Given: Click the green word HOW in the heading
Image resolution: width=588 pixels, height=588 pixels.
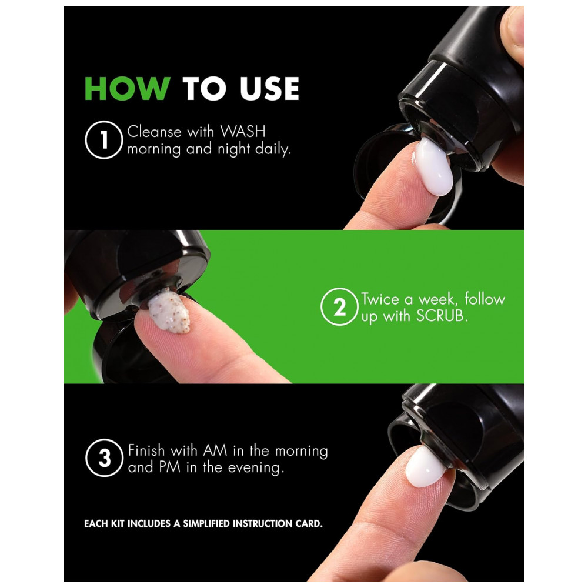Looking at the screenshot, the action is [128, 89].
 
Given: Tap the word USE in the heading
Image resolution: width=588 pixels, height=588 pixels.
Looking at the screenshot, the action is [269, 89].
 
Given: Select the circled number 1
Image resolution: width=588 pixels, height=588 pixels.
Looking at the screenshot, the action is [104, 140].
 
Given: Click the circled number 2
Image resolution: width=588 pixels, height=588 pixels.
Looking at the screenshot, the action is [339, 306].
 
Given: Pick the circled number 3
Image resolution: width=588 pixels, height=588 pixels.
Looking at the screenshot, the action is [104, 458].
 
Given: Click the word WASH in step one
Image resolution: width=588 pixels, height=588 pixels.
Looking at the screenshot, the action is [243, 132].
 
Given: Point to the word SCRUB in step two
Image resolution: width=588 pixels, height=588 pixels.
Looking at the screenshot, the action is [442, 316].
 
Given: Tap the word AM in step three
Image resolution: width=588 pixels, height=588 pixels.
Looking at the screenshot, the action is [215, 450].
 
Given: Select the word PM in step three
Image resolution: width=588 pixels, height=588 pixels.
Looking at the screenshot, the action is [169, 467].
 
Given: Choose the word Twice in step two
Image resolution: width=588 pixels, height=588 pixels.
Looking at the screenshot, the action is [380, 299].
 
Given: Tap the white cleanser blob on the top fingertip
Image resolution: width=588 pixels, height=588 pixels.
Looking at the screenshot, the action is [434, 166].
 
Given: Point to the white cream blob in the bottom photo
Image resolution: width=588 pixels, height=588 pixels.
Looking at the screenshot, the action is [426, 466].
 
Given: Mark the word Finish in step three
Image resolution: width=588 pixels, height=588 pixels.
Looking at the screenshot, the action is [146, 450].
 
